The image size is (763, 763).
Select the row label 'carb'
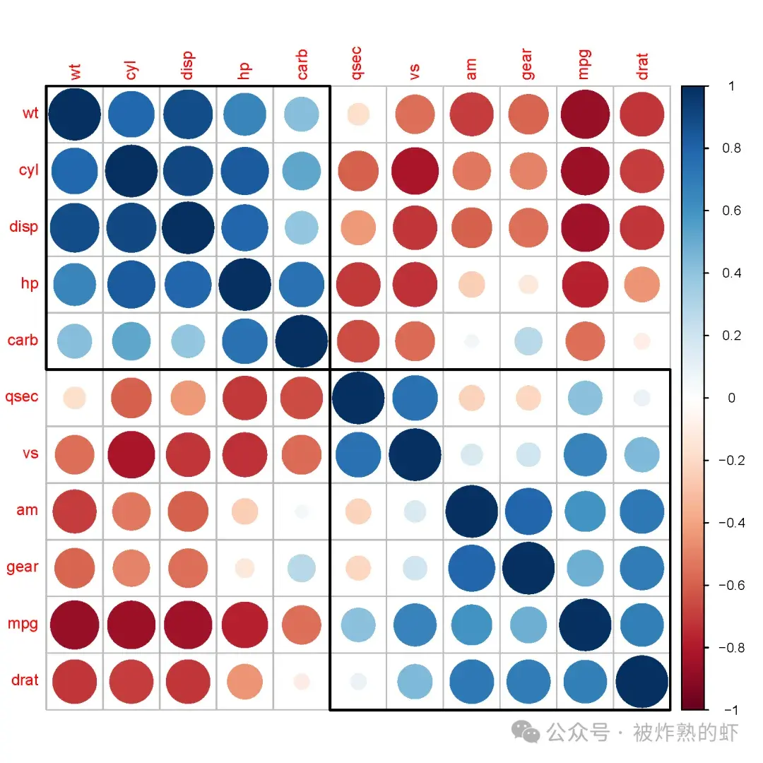[23, 340]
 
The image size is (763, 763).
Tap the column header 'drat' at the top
[641, 64]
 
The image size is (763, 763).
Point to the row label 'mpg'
[23, 624]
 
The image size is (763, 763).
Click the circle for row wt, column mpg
[584, 114]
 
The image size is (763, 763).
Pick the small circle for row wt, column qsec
[358, 114]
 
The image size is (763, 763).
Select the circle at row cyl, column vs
[415, 171]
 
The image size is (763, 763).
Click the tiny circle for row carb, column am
[471, 341]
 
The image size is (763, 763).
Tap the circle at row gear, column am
[471, 567]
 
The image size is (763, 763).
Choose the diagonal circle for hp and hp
[245, 284]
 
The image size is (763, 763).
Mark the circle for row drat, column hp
[245, 681]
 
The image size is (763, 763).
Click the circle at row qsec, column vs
[415, 397]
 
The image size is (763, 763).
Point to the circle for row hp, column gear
[528, 284]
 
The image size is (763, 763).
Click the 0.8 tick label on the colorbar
[731, 148]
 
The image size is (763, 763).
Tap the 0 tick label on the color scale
[731, 398]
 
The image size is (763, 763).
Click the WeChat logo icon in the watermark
[526, 732]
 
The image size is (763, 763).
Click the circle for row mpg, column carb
[302, 625]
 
